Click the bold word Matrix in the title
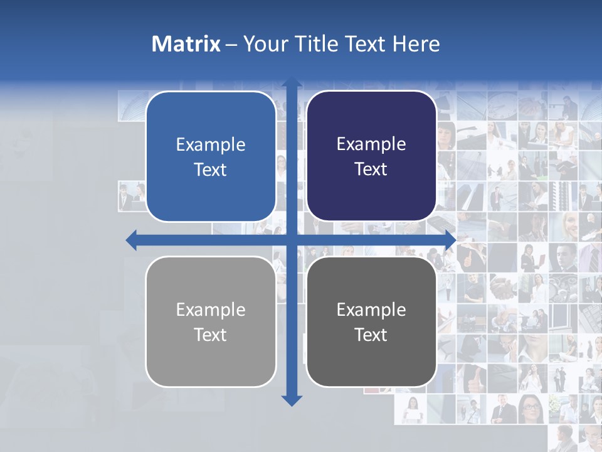point(186,44)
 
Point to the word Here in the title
point(416,44)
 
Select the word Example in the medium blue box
point(211,145)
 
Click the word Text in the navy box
point(371,169)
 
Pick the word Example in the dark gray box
point(371,309)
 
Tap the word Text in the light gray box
point(211,335)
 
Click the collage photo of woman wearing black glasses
point(531,410)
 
